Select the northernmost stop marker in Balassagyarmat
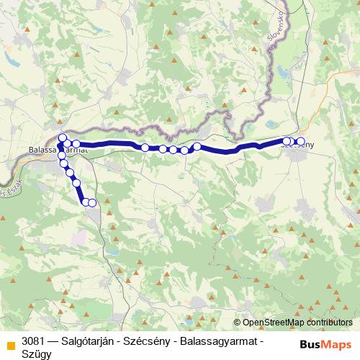(x=62, y=138)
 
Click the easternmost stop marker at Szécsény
(x=301, y=142)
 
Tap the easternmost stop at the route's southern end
(x=92, y=202)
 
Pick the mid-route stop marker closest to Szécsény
(x=197, y=147)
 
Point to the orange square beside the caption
(x=10, y=343)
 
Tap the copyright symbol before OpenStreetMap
(x=238, y=323)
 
